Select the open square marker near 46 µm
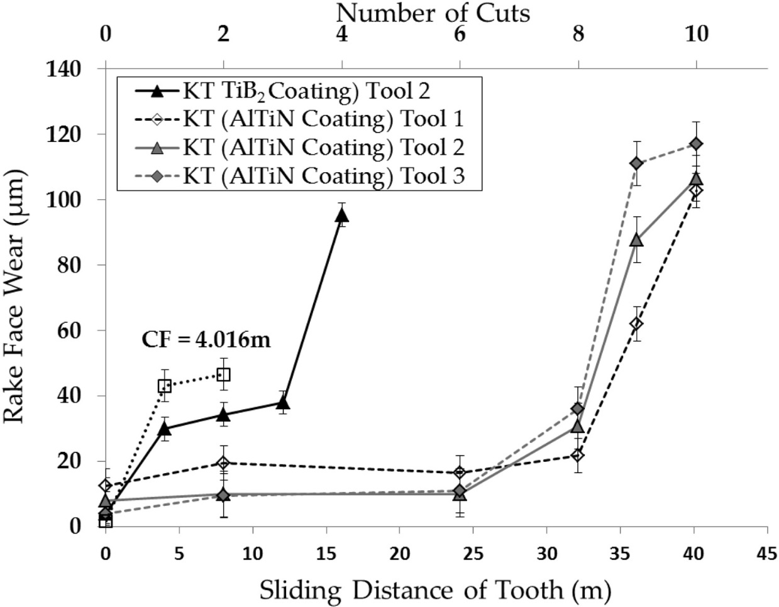click(x=223, y=375)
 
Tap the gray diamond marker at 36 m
click(x=636, y=163)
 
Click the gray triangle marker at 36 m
click(x=636, y=240)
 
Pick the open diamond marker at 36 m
click(x=636, y=324)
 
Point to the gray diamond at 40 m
click(x=695, y=144)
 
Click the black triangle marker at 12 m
click(x=283, y=402)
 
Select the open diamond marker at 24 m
click(x=460, y=472)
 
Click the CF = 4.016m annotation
click(x=205, y=341)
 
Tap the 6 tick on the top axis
click(x=460, y=34)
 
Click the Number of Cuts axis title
click(x=433, y=12)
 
